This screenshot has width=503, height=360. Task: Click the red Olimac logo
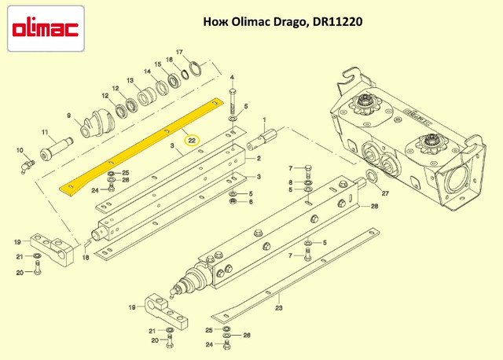46,29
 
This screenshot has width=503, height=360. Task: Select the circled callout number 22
192,141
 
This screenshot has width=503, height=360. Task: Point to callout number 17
179,52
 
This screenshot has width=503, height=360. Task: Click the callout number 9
68,116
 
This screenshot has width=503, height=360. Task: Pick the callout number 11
45,132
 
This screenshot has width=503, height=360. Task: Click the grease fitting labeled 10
28,167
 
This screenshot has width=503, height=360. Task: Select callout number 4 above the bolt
232,77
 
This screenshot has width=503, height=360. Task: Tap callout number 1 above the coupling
264,120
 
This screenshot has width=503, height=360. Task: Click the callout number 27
385,193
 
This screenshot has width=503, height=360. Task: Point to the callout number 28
374,206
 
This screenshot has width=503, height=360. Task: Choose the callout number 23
279,308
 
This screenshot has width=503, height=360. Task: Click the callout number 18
86,257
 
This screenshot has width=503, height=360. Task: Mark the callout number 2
259,159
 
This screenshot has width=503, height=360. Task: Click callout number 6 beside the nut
251,201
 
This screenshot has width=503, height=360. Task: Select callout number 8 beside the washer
290,182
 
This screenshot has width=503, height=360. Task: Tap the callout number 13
130,80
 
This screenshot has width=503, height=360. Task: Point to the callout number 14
147,72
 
